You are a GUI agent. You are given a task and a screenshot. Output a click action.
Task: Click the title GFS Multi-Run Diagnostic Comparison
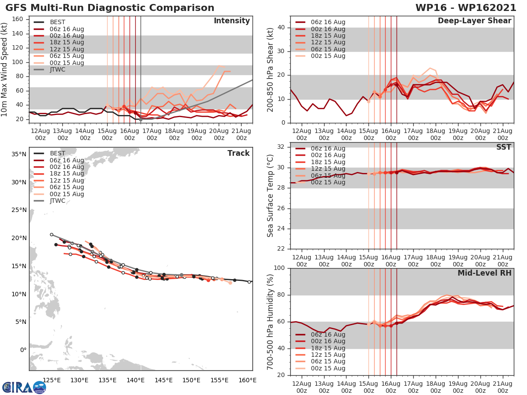click(110, 8)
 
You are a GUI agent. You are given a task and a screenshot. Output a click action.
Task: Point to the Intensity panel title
click(231, 21)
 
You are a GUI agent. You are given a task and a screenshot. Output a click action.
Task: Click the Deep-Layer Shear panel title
click(474, 21)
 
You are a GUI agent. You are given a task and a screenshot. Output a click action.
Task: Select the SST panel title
click(503, 147)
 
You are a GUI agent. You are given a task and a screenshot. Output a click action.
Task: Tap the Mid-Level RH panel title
click(484, 273)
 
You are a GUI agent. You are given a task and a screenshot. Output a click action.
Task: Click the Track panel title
click(238, 153)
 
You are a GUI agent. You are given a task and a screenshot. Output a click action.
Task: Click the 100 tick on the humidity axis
click(279, 268)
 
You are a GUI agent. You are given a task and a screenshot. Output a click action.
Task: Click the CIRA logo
click(24, 387)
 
